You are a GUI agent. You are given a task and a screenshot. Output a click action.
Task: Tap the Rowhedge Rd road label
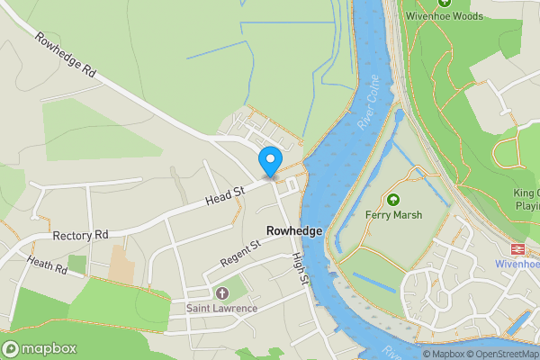point(66,55)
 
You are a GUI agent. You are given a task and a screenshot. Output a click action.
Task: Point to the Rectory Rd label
point(80,235)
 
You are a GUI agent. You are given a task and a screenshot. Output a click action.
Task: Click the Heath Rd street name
point(47,268)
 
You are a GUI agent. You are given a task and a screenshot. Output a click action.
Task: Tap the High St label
point(301,269)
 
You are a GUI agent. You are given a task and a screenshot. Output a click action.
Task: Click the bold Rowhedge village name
point(294,231)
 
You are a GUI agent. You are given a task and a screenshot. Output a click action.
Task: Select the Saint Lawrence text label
point(221,309)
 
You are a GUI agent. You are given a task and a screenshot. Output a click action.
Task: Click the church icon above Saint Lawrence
point(222,293)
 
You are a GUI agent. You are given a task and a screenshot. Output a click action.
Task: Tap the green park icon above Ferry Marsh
point(392,199)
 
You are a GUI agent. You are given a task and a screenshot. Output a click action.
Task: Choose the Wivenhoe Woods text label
point(444,15)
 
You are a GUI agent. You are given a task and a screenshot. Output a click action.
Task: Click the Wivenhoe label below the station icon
point(517,265)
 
